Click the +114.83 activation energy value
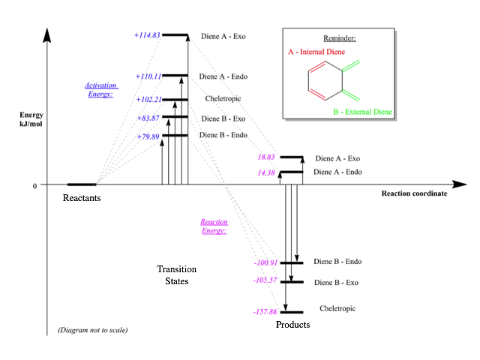[x=147, y=35]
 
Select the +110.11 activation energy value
[x=148, y=76]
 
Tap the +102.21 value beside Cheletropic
[x=148, y=100]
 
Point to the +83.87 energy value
[x=148, y=118]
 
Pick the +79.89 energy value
[x=148, y=136]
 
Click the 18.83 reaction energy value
[x=266, y=157]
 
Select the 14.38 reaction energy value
[x=266, y=172]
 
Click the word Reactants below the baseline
[x=82, y=198]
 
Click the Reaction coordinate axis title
[x=414, y=193]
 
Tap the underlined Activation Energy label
[x=100, y=90]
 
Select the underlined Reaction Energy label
[x=213, y=226]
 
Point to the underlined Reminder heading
[x=339, y=37]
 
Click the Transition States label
[x=177, y=275]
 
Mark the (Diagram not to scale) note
[x=92, y=330]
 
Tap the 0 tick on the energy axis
[x=34, y=185]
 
